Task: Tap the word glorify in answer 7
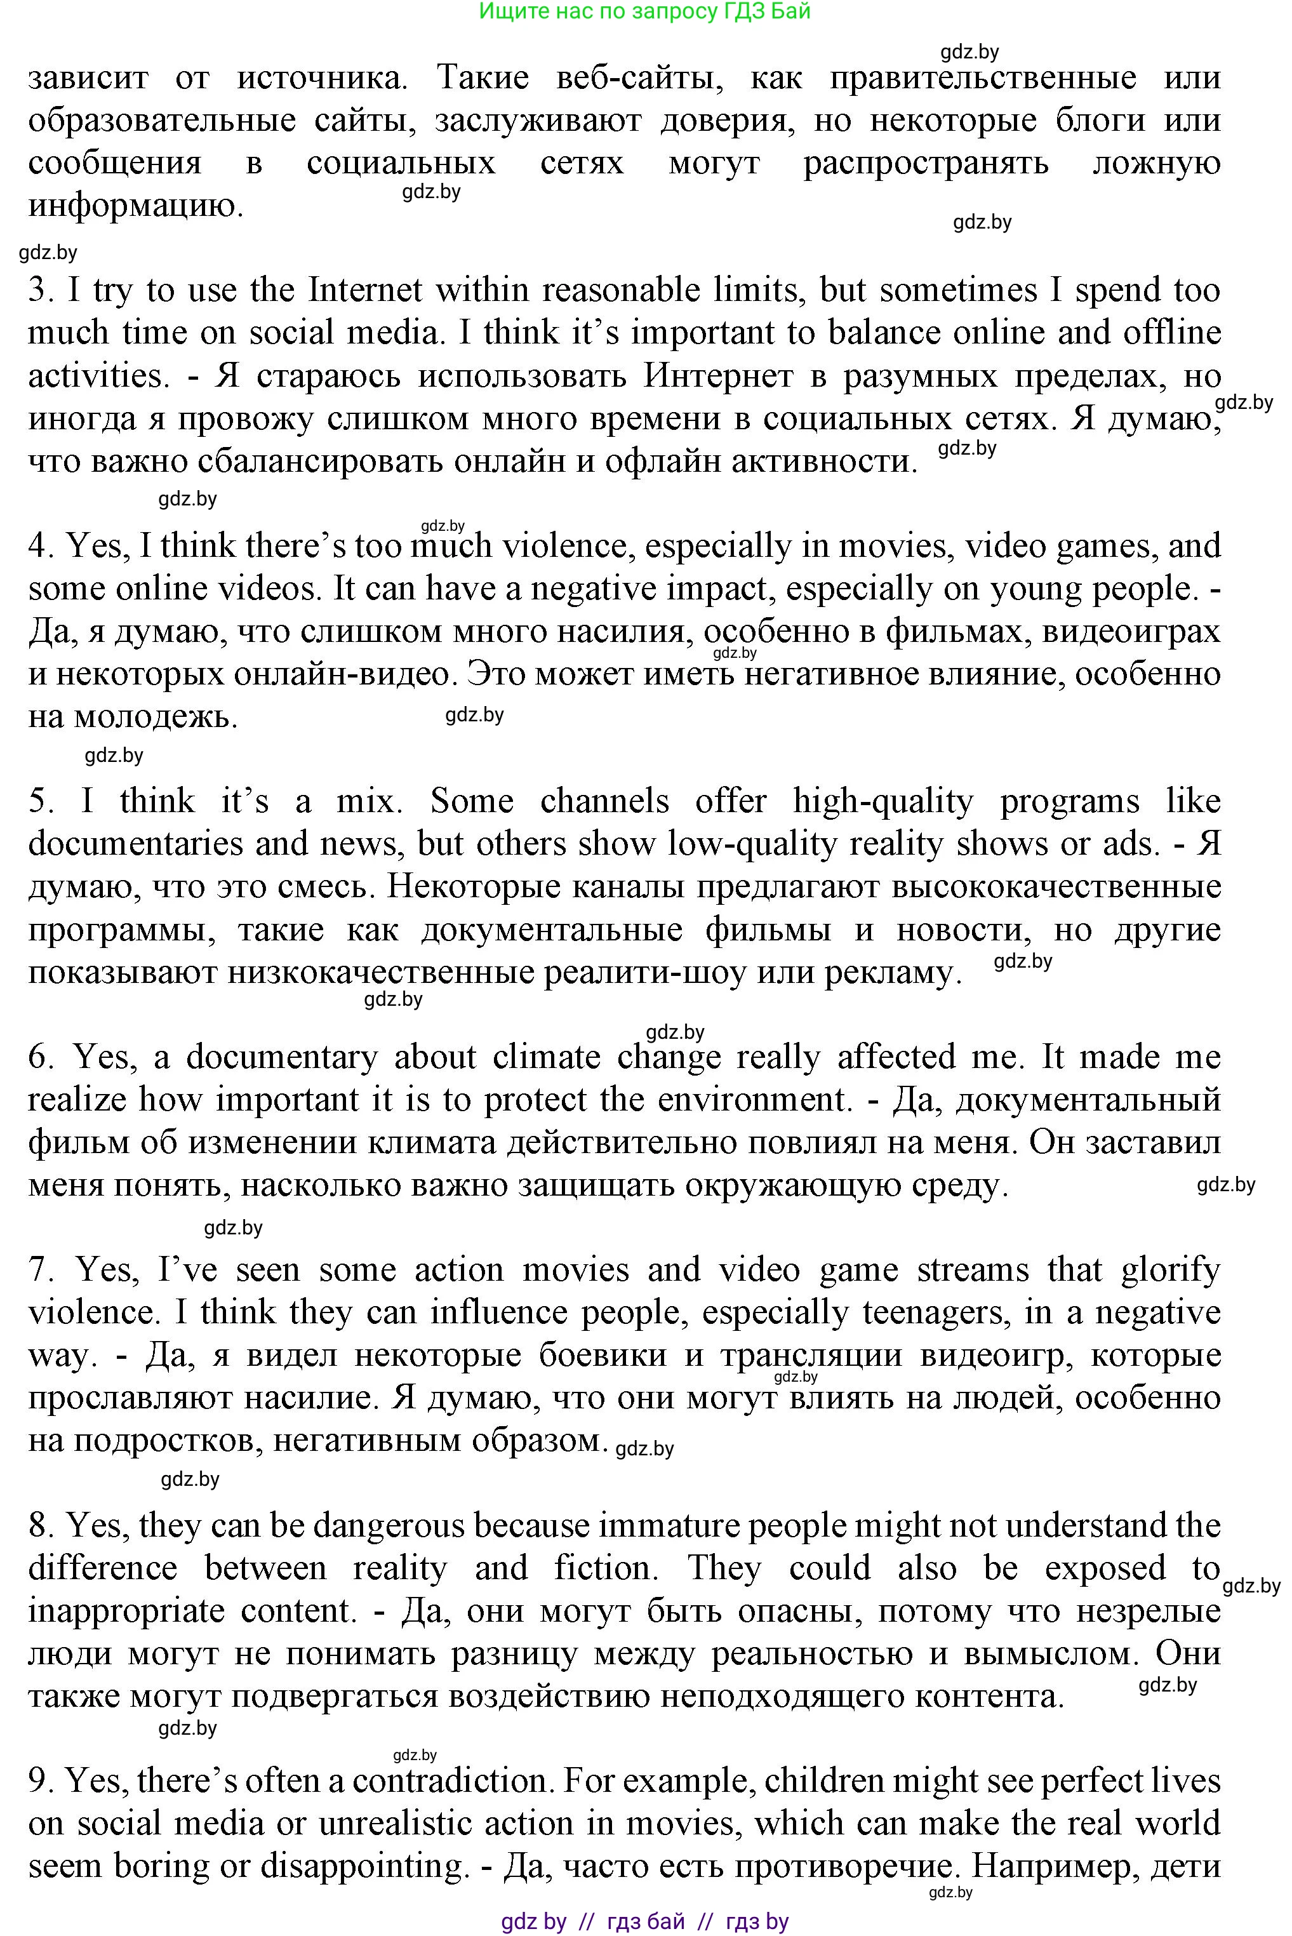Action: (x=1170, y=1271)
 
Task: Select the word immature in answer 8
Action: (x=659, y=1526)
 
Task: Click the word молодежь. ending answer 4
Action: (x=156, y=718)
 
